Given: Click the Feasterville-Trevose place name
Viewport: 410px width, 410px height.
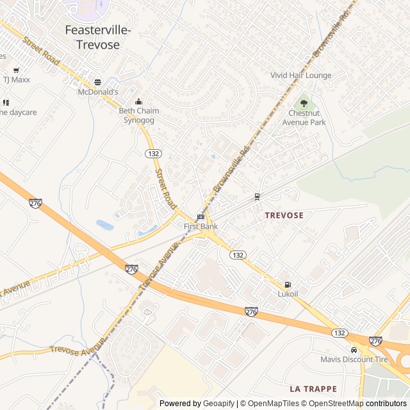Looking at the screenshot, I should point(98,37).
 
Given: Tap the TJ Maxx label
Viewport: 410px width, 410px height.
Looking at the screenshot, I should point(17,80).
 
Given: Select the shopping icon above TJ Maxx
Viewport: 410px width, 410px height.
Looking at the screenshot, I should point(16,70).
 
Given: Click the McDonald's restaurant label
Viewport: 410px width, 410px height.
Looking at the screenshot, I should point(98,92).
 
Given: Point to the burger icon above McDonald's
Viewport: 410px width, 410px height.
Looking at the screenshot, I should point(97,82).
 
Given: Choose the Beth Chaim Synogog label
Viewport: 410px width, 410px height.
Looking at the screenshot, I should point(139,115).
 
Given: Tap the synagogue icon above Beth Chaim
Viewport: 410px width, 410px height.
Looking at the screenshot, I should point(138,101).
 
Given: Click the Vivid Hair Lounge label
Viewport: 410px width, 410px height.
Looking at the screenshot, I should point(301,76).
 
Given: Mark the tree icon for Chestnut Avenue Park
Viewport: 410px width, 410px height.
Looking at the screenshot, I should point(304,102).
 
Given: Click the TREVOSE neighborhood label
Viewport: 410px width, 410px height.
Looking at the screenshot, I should point(284,215).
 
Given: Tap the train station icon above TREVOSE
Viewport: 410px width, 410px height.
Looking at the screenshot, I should point(257,196).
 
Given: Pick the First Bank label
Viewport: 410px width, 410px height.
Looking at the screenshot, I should point(201,227).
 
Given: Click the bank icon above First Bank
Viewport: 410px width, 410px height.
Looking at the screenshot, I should point(201,217).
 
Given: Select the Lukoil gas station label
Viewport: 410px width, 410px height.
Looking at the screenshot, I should point(288,294).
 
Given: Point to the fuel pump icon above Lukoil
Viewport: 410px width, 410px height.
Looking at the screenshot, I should point(287,284).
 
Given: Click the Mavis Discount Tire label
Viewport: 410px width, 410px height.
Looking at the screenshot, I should point(354,359).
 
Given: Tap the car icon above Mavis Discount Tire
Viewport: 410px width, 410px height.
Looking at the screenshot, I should point(354,350).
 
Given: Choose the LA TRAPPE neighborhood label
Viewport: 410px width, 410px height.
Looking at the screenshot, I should point(313,389).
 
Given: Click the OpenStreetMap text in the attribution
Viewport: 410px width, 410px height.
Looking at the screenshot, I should point(332,404).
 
